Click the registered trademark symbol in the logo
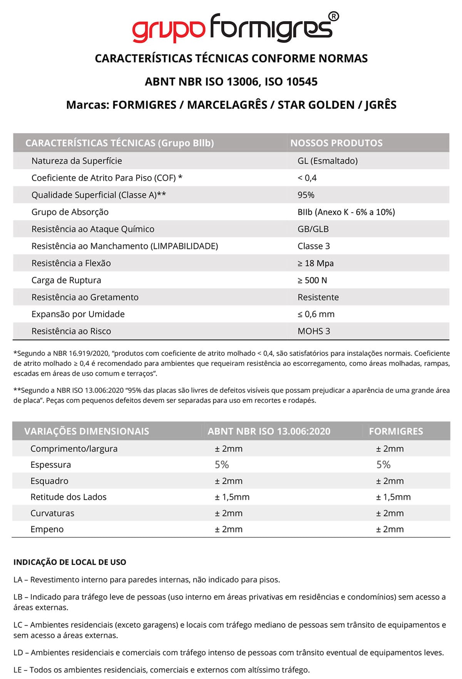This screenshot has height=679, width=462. point(334,17)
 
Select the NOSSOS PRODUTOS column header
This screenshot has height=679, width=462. point(336,143)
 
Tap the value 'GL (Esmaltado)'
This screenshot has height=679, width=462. point(327,161)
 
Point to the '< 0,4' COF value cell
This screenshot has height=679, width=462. point(307,178)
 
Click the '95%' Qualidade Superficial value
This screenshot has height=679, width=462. point(306,195)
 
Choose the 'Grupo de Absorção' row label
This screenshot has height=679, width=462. point(70,212)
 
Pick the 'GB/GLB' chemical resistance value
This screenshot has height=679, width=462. point(313,229)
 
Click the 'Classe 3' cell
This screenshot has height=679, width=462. point(313,246)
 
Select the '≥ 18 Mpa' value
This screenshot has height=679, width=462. point(315,263)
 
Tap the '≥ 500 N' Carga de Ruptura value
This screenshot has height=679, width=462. point(312,280)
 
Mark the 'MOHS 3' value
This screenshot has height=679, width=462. point(313,331)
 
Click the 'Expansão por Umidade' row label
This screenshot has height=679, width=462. point(78,314)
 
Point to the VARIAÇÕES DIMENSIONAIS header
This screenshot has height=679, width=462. point(86,431)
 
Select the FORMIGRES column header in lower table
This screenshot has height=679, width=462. point(395,431)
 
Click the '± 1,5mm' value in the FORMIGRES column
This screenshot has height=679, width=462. point(393,497)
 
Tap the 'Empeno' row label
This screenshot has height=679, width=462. point(47,529)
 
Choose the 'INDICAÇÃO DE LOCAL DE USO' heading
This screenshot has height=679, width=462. point(70,562)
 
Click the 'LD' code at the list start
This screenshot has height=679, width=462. point(18,652)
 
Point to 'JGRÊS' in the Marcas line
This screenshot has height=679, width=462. point(380,105)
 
